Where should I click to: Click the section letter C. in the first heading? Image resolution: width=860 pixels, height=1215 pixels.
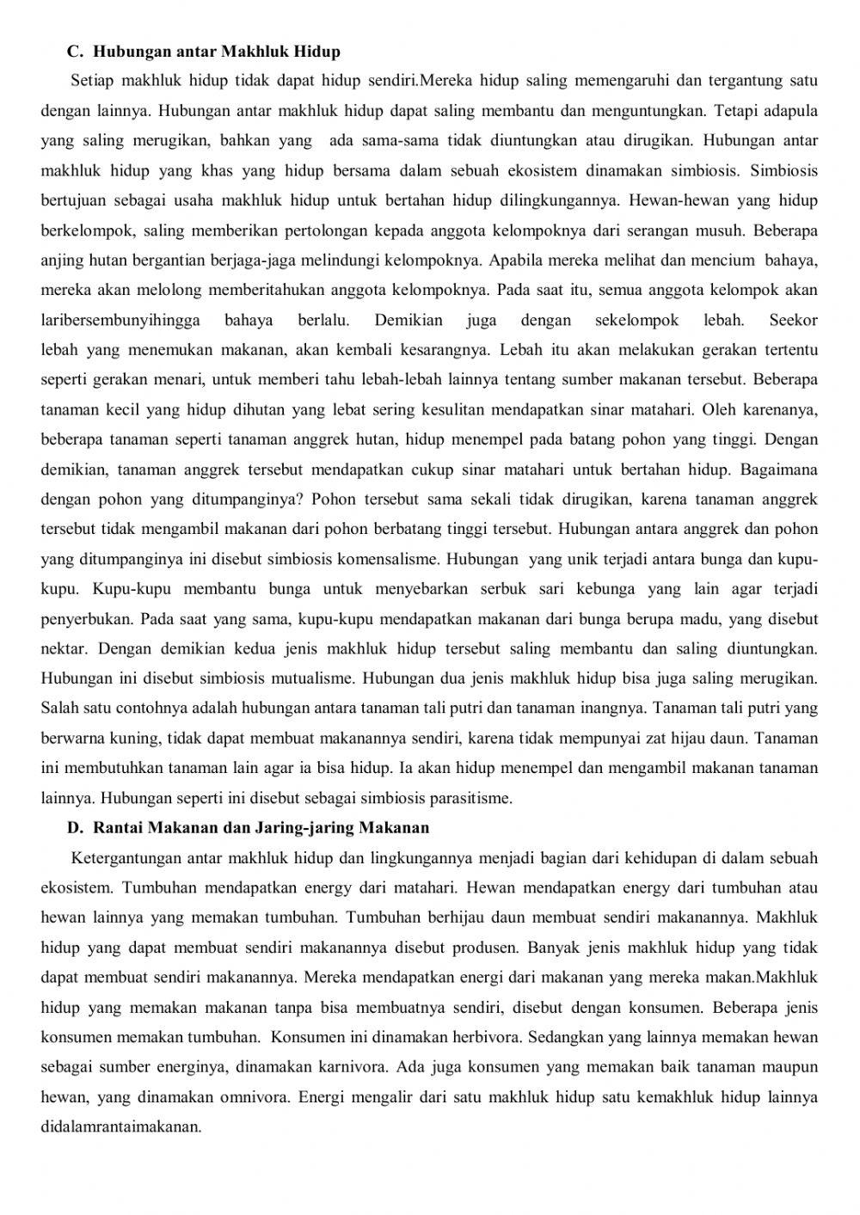point(74,52)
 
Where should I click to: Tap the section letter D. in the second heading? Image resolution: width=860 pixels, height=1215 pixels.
point(75,828)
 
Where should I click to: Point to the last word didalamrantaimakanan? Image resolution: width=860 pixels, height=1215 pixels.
point(120,1126)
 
